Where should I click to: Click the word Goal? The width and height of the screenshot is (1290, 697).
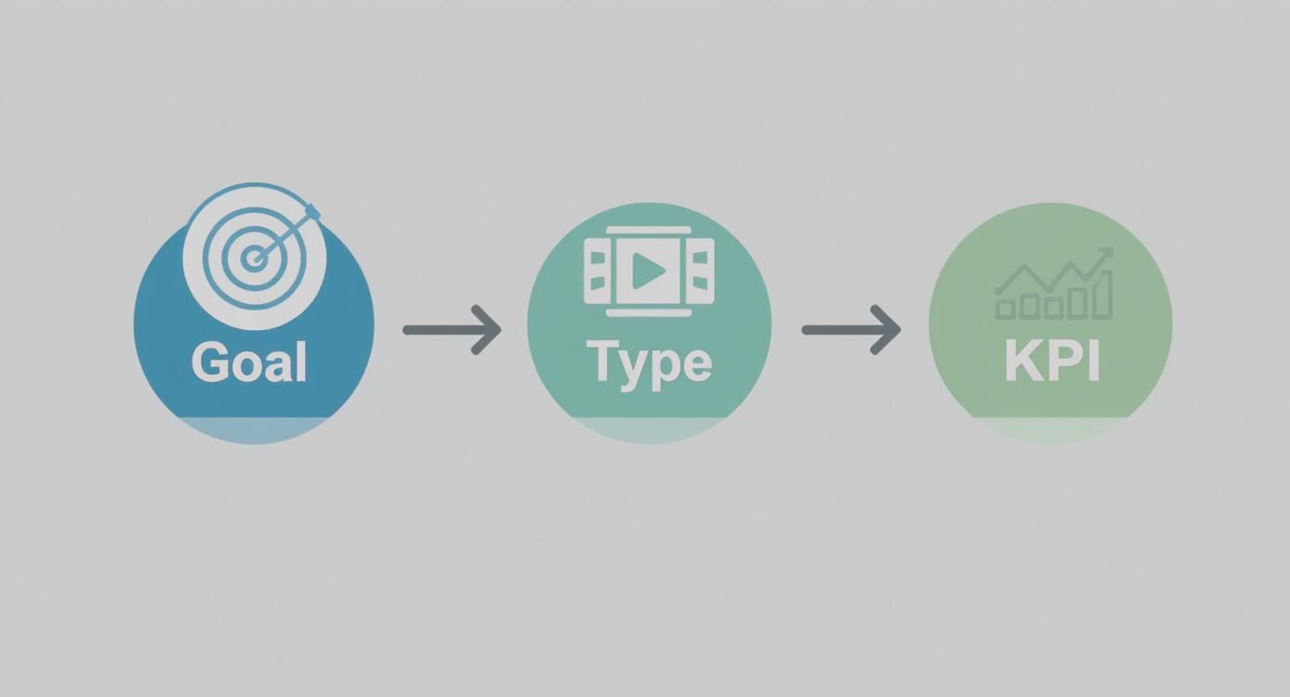[248, 361]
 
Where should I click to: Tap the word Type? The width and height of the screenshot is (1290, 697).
[649, 363]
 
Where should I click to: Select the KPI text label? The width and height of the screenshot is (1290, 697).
[1052, 362]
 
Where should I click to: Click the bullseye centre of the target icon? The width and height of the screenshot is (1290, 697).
[252, 259]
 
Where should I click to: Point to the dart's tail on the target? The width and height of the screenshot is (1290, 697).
[312, 211]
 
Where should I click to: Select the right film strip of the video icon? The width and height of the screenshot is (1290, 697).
[702, 271]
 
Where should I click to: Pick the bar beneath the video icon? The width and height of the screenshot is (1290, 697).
[649, 312]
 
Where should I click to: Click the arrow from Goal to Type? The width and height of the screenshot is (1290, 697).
[452, 329]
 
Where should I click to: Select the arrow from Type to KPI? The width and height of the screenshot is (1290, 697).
[851, 329]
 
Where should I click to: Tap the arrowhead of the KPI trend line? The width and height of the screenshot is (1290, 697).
[1105, 253]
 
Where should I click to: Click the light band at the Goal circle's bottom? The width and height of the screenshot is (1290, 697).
[253, 429]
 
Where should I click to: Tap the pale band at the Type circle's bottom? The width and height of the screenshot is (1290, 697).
[649, 429]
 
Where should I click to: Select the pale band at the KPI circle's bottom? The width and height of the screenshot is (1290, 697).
[1051, 429]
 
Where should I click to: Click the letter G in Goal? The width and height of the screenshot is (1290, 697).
[210, 361]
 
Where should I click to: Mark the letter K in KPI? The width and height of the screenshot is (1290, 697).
[1021, 362]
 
